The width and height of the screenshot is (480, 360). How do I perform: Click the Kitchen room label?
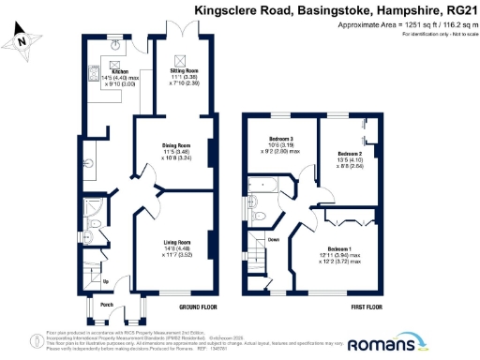[119, 71]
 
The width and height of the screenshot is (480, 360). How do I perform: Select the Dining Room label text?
[176, 145]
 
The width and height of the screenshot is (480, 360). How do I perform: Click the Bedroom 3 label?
[280, 141]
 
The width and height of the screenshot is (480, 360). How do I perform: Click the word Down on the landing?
[274, 239]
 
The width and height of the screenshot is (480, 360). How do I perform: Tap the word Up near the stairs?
[105, 281]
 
